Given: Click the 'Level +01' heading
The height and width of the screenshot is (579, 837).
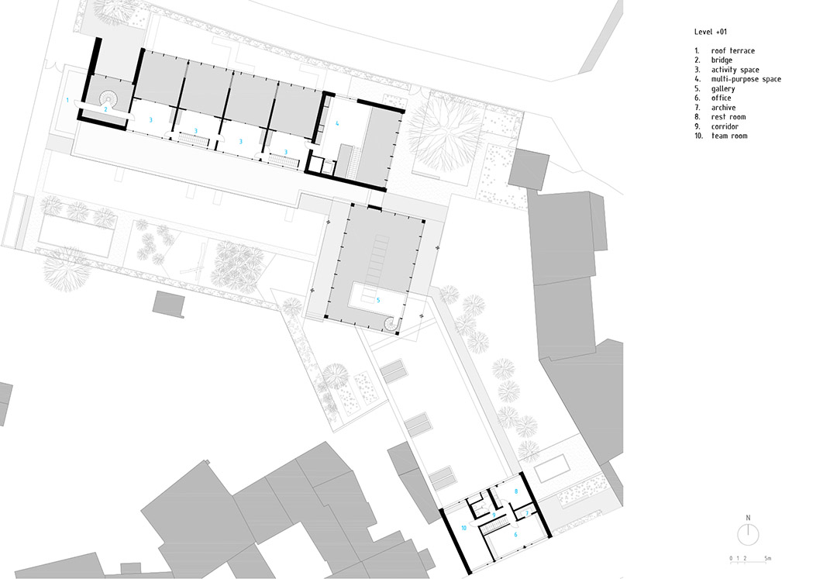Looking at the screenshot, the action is coord(711,32).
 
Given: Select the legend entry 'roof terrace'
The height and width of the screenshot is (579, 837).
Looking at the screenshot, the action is coord(733,50).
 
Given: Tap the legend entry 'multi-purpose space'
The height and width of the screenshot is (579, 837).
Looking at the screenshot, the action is coord(746,79).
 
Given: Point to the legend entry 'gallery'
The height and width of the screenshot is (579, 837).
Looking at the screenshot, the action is coord(723,88).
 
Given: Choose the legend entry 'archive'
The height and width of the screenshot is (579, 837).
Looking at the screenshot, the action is coord(723,107).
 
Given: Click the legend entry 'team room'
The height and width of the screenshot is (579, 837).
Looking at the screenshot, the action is coord(729,136).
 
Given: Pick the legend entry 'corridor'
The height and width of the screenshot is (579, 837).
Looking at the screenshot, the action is coord(725,126).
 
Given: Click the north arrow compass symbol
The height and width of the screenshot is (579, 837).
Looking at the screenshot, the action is coord(748,534).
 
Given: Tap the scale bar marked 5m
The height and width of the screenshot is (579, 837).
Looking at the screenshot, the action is coord(750,559).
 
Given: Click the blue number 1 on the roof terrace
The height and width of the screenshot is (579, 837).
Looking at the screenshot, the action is coord(67,100).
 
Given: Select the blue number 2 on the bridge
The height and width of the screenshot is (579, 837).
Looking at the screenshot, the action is coord(105,109).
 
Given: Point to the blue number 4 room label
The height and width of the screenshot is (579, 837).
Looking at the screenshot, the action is coord(337,123).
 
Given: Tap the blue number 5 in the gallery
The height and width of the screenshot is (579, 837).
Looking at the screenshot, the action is coord(378,301).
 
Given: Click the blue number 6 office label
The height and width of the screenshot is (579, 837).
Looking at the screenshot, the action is coord(515,534).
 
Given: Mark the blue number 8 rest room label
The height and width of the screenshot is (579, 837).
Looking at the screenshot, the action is coord(515,491).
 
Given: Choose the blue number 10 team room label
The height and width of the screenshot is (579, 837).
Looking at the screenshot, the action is coord(464,528).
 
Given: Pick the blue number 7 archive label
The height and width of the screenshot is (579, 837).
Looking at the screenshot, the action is coord(527,513).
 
